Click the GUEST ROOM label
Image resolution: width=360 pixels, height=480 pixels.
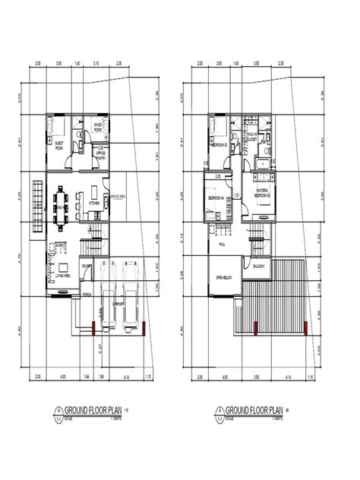(x=58, y=145)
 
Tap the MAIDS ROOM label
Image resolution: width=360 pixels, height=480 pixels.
(x=98, y=127)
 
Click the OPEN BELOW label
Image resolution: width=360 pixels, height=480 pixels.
(x=223, y=278)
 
